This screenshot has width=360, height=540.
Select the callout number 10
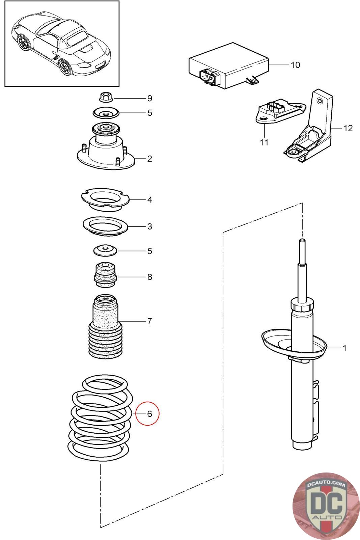point(295,65)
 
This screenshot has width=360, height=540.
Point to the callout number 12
point(348,128)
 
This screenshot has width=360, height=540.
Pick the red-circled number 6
point(149,413)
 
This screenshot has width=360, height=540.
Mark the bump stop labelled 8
point(105,275)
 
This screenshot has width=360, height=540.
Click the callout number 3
point(149,226)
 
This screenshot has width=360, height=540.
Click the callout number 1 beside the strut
point(344,348)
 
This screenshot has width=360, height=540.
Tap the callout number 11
point(264,142)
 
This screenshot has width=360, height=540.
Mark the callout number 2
point(149,159)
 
